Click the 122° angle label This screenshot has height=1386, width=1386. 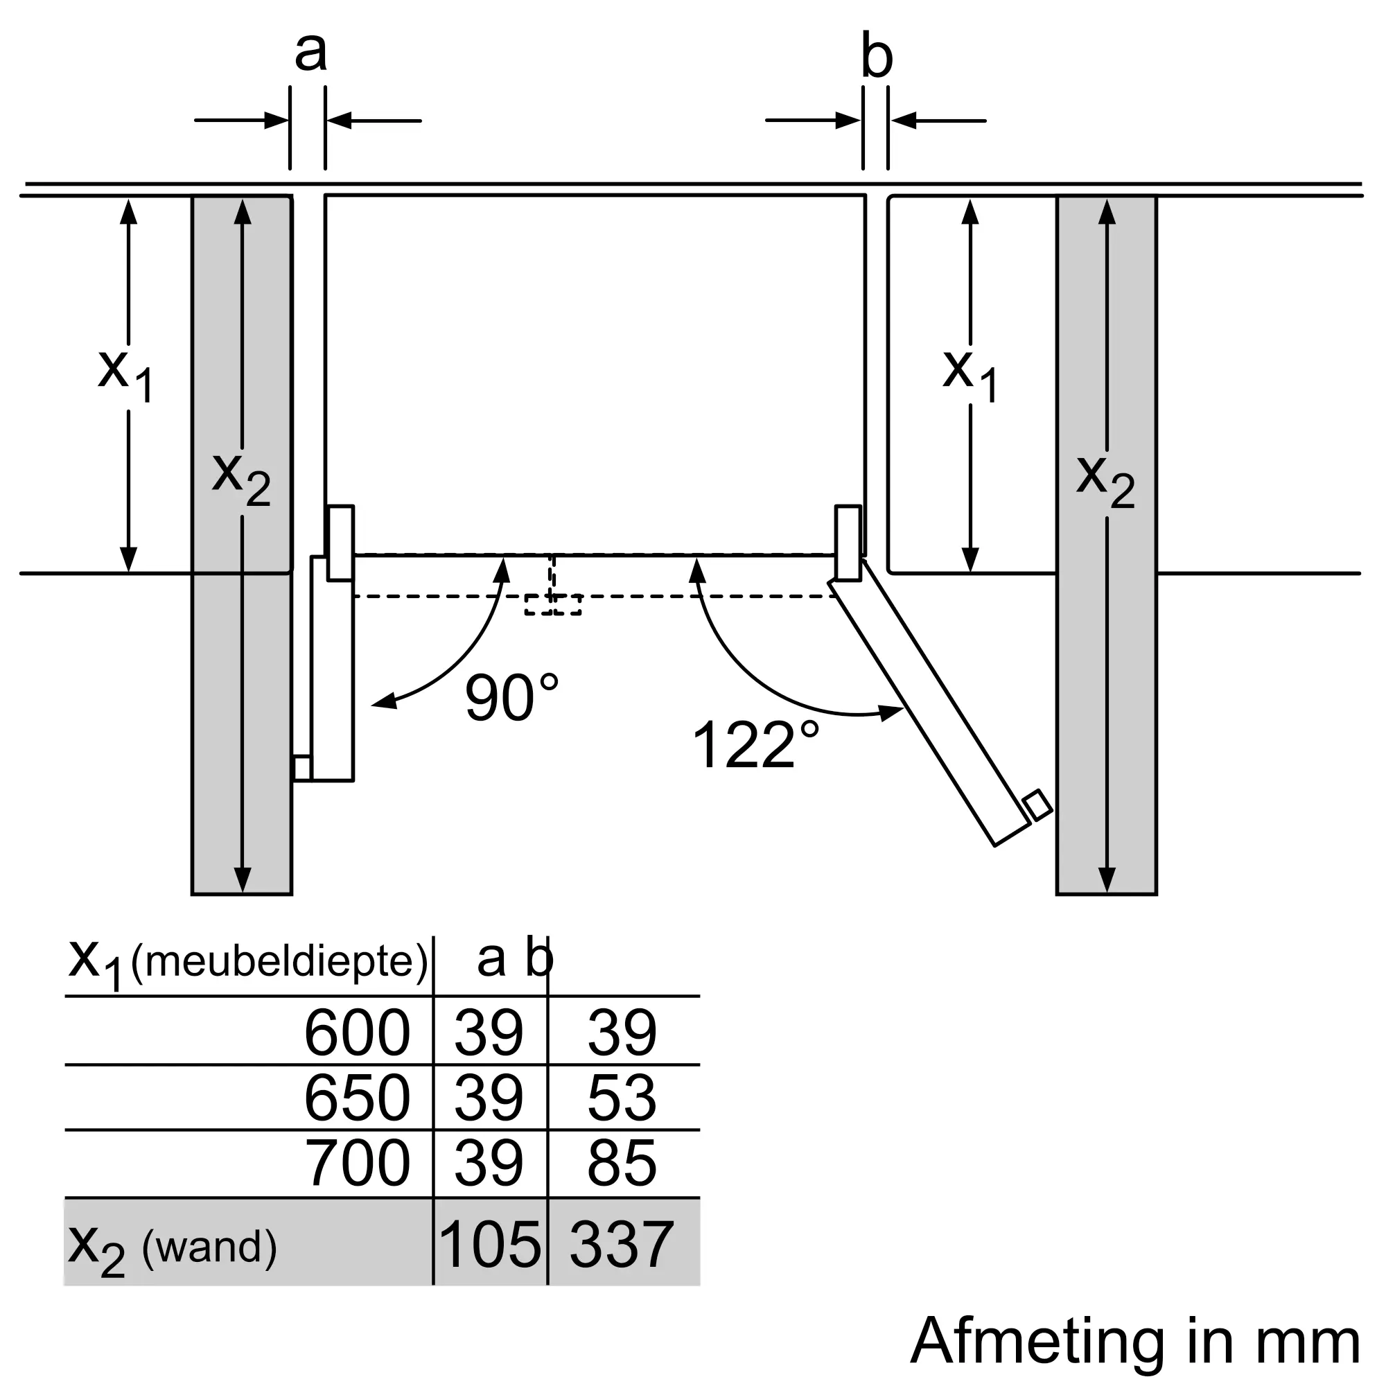(x=755, y=745)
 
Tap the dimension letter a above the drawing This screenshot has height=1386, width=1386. (x=310, y=52)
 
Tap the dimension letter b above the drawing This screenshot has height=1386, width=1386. (x=877, y=55)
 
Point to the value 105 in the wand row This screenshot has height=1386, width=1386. (x=490, y=1245)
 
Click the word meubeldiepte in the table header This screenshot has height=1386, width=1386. (x=280, y=961)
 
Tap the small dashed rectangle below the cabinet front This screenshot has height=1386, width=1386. (x=552, y=604)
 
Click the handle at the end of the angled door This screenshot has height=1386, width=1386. (x=1037, y=805)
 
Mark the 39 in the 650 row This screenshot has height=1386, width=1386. (x=489, y=1098)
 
